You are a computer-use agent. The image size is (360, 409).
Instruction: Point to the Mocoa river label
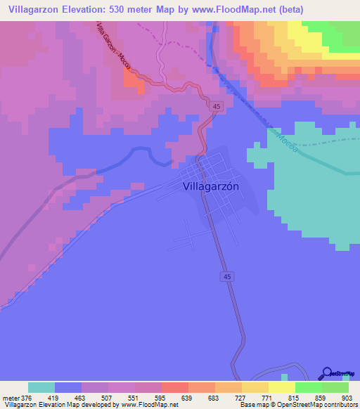285,140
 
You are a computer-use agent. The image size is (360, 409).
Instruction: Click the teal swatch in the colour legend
41,387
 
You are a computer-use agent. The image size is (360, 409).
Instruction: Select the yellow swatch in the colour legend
281,387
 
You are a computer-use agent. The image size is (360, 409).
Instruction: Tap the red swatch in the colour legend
174,387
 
